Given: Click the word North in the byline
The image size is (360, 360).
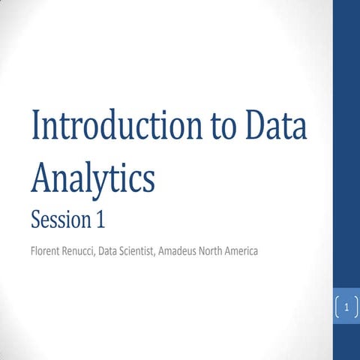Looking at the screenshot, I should coord(234,251).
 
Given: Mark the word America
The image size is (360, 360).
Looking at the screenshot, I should coord(268,251).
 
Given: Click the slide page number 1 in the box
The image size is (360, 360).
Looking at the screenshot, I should coord(347,307).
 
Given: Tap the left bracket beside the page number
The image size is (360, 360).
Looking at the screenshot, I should coord(338,307).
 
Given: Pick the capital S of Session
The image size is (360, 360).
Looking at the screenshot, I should coord(36,220).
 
